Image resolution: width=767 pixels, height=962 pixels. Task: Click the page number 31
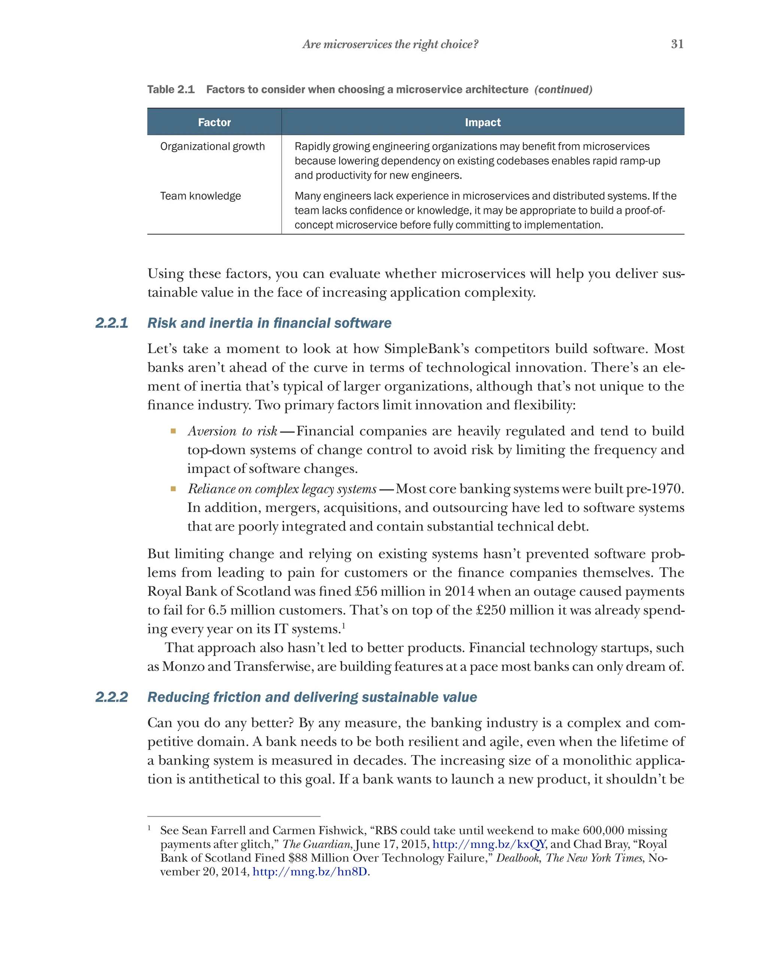[x=677, y=44]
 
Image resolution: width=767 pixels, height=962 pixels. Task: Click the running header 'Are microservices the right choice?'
[x=390, y=44]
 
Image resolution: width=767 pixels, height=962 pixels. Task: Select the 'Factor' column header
[x=214, y=122]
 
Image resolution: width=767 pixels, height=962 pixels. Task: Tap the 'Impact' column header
[x=482, y=122]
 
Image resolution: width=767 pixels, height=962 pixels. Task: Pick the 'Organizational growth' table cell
[x=212, y=146]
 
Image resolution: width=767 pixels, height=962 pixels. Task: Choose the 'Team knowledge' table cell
[x=200, y=196]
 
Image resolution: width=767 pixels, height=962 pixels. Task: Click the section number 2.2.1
[x=112, y=323]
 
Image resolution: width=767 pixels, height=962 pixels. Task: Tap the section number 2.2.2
[x=112, y=697]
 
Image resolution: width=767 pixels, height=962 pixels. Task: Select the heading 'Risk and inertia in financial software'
[x=269, y=323]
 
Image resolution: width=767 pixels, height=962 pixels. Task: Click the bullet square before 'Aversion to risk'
[x=173, y=431]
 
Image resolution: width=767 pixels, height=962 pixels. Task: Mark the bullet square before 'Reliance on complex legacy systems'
[x=173, y=489]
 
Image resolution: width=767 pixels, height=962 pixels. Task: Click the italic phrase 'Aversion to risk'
[x=233, y=431]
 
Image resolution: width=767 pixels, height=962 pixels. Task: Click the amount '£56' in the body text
[x=367, y=591]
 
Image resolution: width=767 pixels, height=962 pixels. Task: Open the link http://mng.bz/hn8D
[x=310, y=871]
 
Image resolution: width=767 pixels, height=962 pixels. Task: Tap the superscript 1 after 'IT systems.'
[x=343, y=625]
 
